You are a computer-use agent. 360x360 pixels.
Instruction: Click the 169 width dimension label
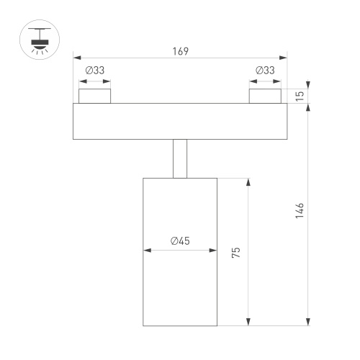click(181, 51)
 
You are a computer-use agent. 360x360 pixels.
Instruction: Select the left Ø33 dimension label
click(95, 71)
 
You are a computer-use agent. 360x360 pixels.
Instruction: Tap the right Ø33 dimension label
click(265, 71)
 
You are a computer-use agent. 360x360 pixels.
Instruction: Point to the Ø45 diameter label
click(180, 241)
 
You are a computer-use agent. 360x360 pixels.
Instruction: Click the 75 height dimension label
click(236, 252)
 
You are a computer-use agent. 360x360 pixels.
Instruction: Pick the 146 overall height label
click(300, 210)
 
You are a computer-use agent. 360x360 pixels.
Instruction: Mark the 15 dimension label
click(300, 96)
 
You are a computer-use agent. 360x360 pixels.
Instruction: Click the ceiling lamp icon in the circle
click(40, 40)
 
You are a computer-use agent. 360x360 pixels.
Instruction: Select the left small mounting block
click(95, 96)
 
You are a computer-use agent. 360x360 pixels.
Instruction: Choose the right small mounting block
click(265, 96)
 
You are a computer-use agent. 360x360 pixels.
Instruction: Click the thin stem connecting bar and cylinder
click(180, 158)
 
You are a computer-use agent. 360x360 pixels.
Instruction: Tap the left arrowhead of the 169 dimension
click(77, 58)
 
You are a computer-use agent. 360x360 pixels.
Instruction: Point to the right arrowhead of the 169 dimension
click(283, 58)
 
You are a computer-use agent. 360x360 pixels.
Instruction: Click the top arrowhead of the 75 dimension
click(248, 182)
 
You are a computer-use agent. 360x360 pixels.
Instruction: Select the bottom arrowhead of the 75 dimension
click(248, 322)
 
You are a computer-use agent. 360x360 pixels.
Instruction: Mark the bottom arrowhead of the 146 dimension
click(308, 322)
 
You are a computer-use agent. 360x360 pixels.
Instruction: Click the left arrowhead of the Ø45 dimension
click(147, 251)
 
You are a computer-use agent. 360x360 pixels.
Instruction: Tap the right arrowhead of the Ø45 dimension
click(213, 251)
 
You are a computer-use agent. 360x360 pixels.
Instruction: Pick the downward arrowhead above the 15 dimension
click(308, 85)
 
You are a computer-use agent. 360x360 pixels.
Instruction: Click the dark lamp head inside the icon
click(40, 43)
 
